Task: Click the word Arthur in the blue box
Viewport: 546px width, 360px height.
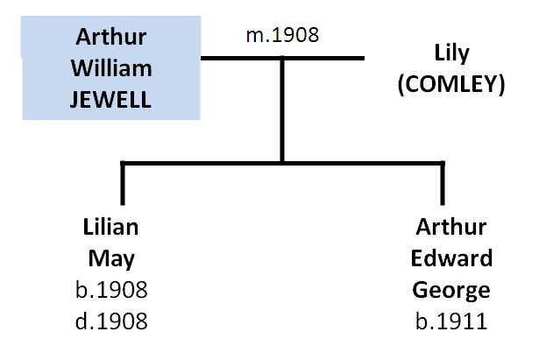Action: tap(111, 37)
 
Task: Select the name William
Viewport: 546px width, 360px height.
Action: tap(111, 68)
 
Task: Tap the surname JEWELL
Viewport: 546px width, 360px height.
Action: tap(110, 100)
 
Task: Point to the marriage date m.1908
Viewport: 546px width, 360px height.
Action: tap(282, 35)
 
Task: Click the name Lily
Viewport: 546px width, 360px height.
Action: tap(451, 54)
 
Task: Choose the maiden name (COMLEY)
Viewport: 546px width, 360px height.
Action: tap(451, 84)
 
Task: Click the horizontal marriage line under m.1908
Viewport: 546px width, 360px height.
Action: tap(282, 58)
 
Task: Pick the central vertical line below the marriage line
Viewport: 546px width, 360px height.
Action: tap(282, 110)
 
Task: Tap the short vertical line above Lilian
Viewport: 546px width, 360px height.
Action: tap(123, 183)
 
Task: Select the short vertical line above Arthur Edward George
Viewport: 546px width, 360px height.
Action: tap(443, 183)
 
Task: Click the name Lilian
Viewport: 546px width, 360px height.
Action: tap(110, 227)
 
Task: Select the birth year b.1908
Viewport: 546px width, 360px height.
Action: tap(111, 290)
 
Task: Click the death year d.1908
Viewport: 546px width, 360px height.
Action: tap(111, 321)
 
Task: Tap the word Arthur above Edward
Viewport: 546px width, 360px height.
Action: tap(451, 227)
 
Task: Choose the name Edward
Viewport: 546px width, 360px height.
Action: tap(451, 258)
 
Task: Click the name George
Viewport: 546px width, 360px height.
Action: tap(451, 291)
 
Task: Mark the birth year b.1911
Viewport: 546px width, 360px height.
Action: tap(451, 321)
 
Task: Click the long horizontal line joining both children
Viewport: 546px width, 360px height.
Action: tap(282, 163)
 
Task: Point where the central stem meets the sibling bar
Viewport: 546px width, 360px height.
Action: tap(282, 163)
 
